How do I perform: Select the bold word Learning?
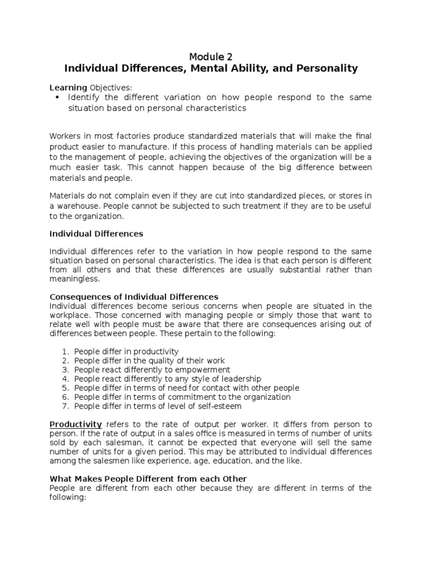point(68,87)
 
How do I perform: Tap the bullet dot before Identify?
point(58,97)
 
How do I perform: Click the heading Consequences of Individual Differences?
point(134,297)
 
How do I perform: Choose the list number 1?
point(64,351)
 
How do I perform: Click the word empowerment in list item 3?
point(202,369)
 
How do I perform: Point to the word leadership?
point(238,379)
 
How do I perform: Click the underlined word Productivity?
point(76,424)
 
